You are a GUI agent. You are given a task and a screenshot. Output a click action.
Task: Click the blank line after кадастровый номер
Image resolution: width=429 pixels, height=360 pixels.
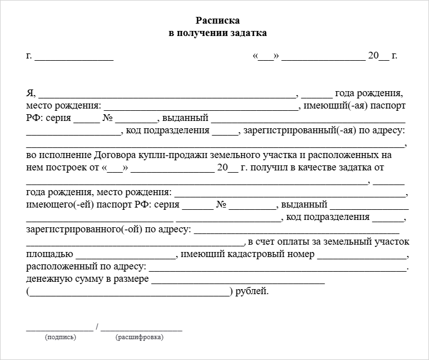pyautogui.click(x=363, y=256)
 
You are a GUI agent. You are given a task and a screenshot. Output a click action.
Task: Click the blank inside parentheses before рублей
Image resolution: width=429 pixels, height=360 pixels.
pyautogui.click(x=129, y=293)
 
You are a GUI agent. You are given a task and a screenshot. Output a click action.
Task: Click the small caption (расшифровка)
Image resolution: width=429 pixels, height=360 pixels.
pyautogui.click(x=139, y=337)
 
